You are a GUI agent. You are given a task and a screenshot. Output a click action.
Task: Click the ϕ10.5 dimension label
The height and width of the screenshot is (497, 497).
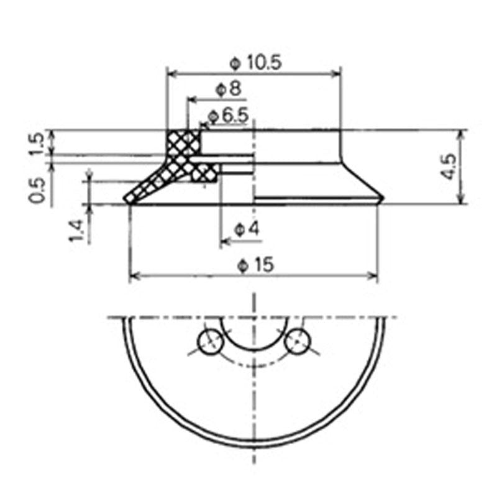point(255,63)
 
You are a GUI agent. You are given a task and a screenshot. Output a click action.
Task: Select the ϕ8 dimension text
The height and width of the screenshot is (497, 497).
point(228,89)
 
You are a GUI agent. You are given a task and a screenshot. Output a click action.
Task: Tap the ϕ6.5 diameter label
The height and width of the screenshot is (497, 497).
point(228,116)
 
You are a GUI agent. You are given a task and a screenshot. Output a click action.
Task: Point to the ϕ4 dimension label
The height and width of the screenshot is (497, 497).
point(247,229)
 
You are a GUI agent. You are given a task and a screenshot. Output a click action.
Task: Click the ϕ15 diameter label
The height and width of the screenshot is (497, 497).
point(255,265)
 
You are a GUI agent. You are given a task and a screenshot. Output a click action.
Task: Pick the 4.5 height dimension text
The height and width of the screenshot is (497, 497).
point(449,166)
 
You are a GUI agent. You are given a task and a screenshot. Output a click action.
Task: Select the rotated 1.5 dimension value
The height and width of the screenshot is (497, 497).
point(37,144)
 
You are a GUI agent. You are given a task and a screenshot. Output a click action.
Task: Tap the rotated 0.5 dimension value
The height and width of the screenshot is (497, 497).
point(37,190)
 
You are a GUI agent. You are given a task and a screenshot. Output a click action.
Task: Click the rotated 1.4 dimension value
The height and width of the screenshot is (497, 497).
point(76,230)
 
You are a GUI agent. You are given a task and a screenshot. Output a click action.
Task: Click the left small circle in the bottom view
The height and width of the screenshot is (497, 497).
point(210,342)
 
